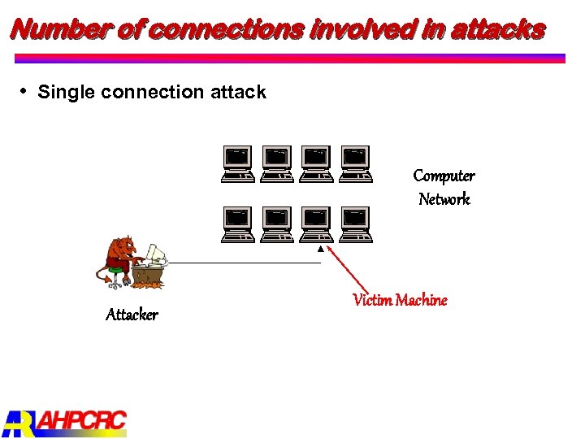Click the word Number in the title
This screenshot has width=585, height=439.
[x=56, y=29]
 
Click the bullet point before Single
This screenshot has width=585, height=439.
[x=25, y=89]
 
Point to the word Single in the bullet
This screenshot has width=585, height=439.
[x=67, y=92]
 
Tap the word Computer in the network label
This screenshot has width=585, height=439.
[x=444, y=176]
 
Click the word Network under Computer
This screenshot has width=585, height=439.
[x=444, y=199]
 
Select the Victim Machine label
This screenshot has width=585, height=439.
[x=400, y=300]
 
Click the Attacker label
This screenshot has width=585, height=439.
[x=132, y=315]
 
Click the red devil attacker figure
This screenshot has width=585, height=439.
[x=122, y=258]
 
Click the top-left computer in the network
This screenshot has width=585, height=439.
[x=238, y=163]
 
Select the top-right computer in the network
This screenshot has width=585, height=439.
[x=355, y=163]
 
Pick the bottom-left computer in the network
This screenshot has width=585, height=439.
[x=238, y=224]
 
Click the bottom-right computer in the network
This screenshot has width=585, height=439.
[x=355, y=224]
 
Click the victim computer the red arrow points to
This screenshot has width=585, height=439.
[x=316, y=224]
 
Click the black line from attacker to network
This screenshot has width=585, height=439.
[x=244, y=263]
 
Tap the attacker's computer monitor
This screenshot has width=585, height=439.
[x=156, y=254]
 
